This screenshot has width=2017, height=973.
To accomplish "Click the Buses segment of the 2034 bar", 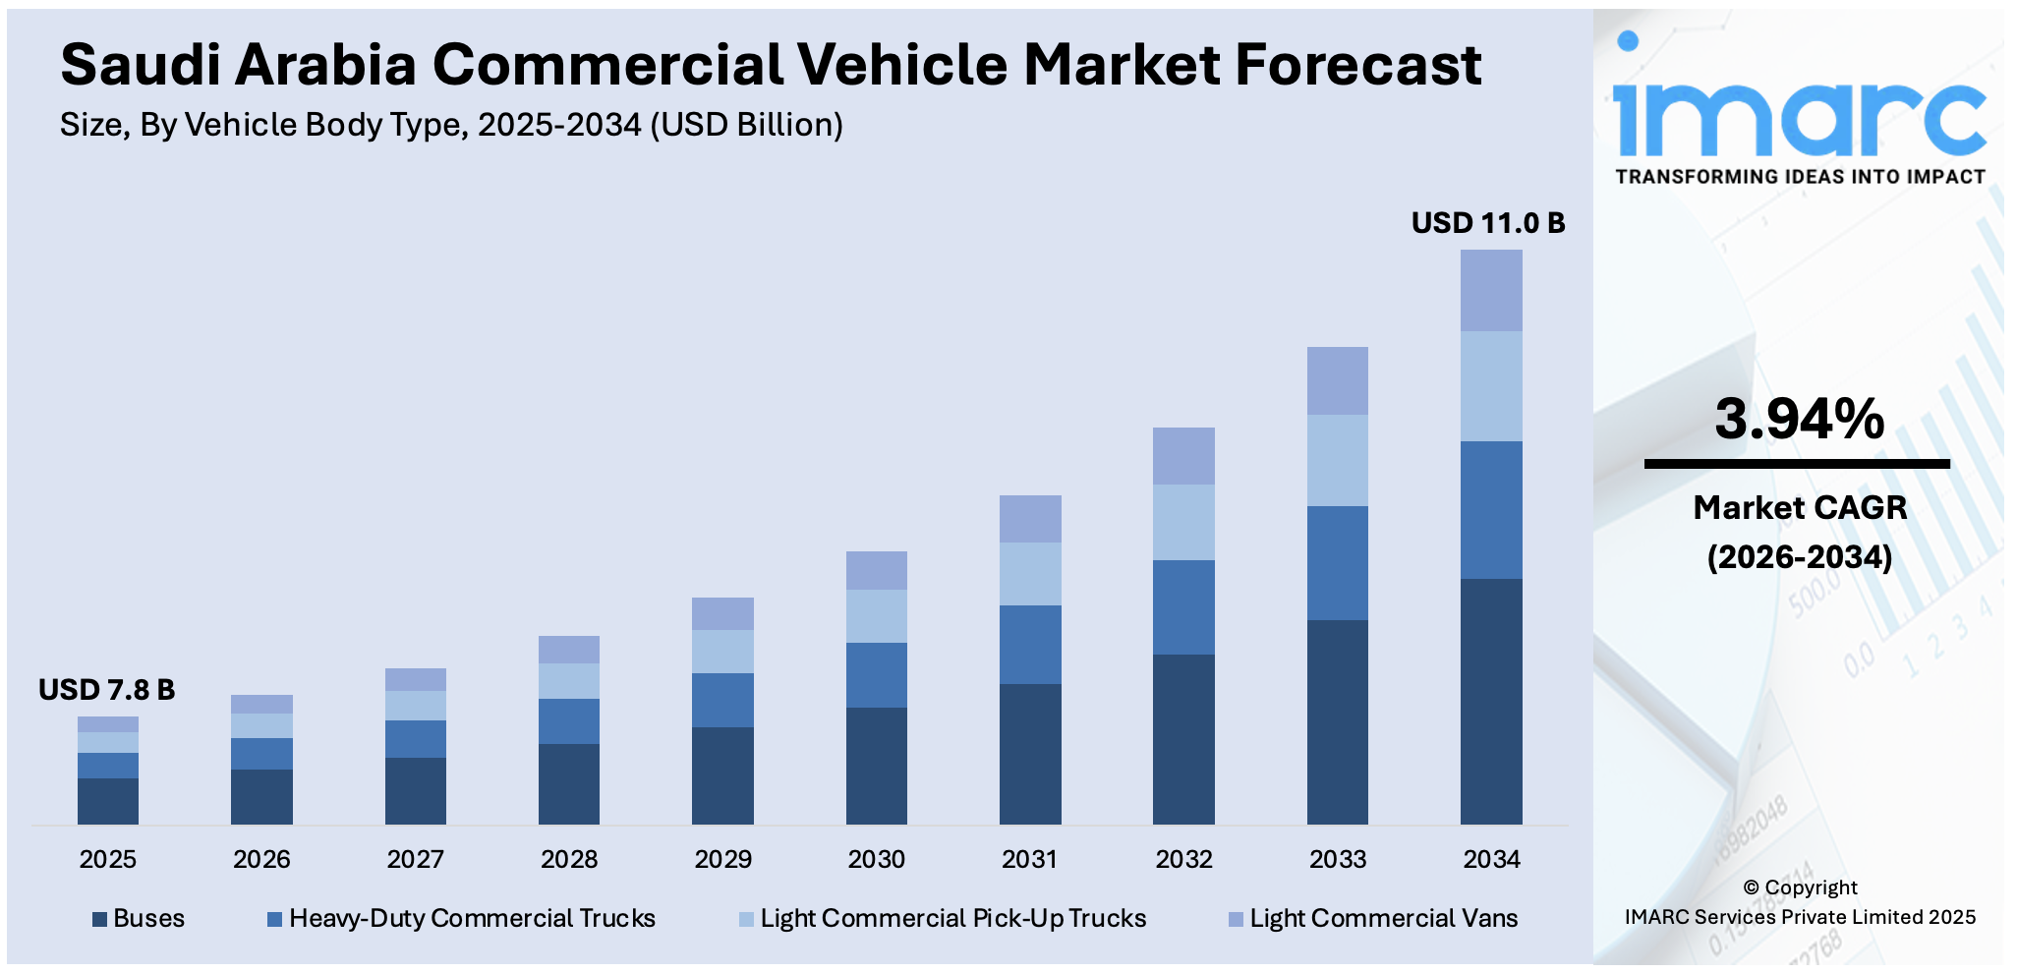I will (1491, 701).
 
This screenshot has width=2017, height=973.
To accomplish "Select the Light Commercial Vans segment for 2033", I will (1337, 380).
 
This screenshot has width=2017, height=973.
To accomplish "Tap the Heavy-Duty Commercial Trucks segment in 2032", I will (1183, 606).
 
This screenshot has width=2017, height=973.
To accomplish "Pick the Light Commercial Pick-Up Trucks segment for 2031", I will (1030, 573).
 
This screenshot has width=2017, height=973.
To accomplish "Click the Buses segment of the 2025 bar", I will (108, 800).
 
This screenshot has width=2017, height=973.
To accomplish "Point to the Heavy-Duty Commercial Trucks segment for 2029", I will (722, 700).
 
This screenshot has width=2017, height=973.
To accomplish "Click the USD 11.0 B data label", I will (1487, 223).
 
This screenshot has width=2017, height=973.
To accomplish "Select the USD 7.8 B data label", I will (106, 690).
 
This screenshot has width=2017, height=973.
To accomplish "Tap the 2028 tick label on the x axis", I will (569, 859).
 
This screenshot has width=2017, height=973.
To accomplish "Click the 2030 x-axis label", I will (876, 859).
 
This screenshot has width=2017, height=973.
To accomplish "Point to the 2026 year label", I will (261, 859).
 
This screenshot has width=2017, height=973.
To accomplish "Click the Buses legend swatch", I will (99, 919).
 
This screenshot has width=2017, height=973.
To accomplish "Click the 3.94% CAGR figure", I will (1799, 419).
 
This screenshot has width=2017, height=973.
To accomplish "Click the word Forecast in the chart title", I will (1357, 65).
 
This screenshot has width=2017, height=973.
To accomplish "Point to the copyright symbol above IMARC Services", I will (1751, 887).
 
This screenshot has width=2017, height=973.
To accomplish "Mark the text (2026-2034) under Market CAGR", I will (1799, 557).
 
